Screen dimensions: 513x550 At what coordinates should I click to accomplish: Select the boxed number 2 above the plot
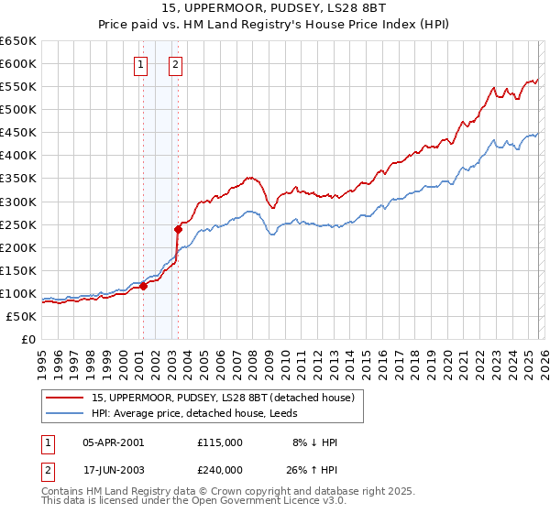coord(175,64)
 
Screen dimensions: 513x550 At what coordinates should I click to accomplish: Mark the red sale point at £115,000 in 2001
coord(144,286)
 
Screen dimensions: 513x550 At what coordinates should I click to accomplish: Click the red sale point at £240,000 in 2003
coord(179,229)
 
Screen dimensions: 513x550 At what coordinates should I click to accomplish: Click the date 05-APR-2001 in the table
coord(113,442)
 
